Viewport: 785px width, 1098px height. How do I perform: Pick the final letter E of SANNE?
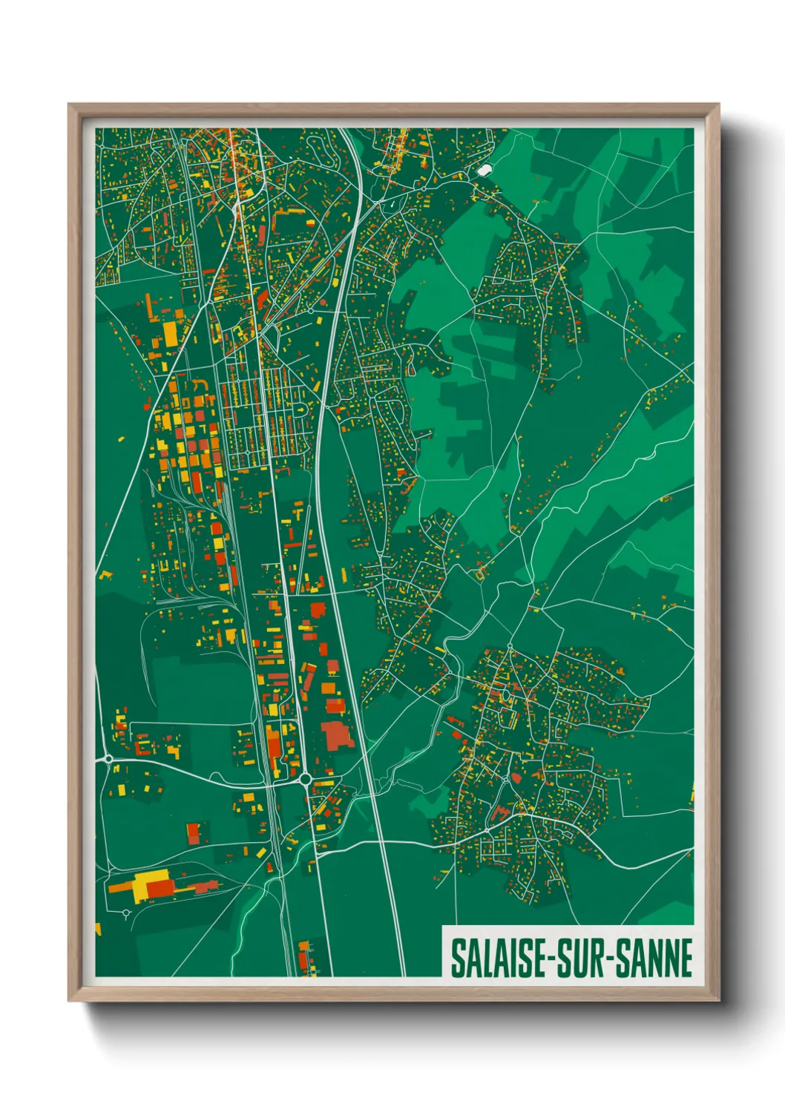(x=686, y=959)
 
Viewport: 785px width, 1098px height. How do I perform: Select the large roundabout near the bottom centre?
(x=305, y=779)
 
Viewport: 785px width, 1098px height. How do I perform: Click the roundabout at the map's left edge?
(x=108, y=759)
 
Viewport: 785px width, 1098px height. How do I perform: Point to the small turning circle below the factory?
(x=127, y=913)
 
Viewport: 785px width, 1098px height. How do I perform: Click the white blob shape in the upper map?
(x=485, y=170)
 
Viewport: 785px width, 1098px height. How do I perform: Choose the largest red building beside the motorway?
(x=335, y=734)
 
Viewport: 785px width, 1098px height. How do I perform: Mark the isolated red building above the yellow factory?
(x=193, y=832)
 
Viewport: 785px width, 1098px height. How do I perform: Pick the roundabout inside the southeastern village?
(x=506, y=779)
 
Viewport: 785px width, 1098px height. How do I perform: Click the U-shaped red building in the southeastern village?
(x=499, y=813)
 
